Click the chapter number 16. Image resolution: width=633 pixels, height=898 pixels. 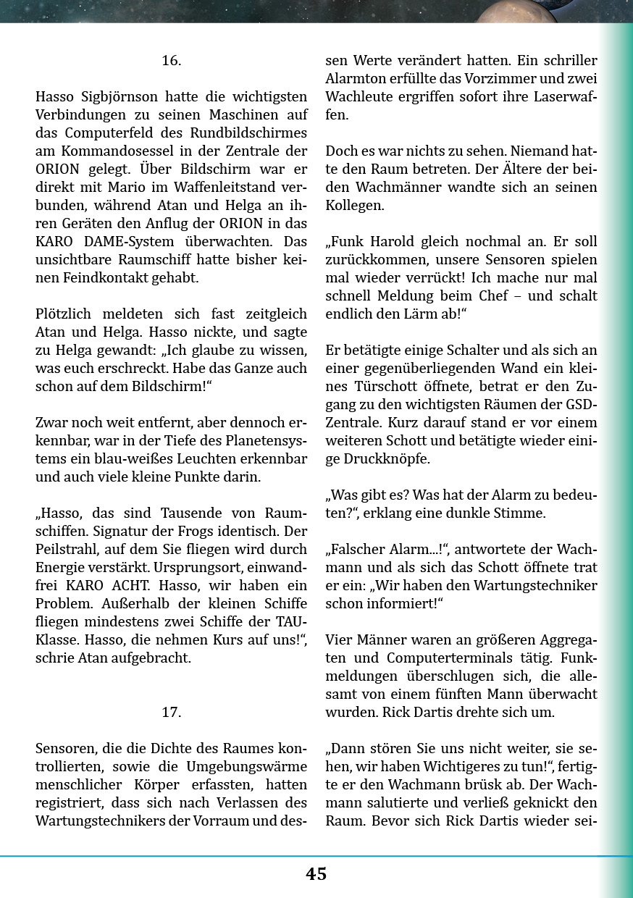click(x=171, y=61)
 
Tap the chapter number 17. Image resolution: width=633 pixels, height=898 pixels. click(x=171, y=713)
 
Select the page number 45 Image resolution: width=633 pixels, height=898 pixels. click(x=316, y=873)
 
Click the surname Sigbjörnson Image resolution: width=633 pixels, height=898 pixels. click(x=117, y=96)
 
